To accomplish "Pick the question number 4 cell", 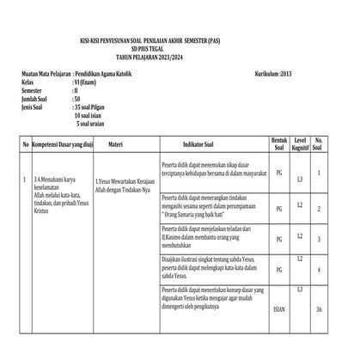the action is [x=319, y=272].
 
